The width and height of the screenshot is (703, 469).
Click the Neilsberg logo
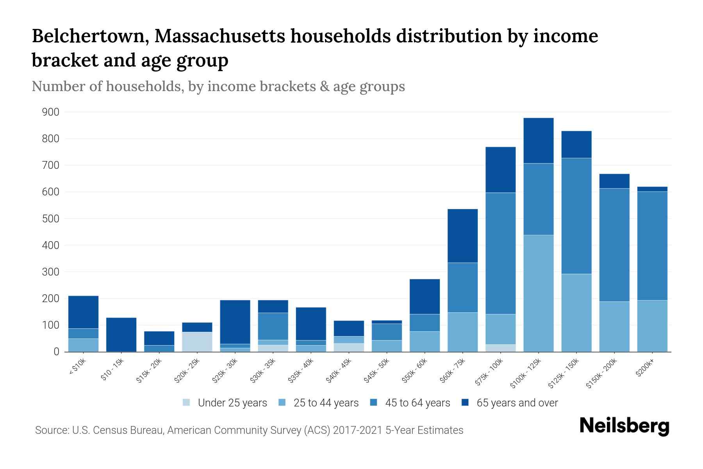pos(624,426)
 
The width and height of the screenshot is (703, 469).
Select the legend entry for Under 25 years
pos(225,403)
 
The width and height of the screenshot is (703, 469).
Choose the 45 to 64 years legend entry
pos(410,403)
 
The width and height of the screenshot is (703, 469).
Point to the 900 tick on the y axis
pos(51,113)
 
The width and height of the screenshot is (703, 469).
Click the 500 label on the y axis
pos(51,219)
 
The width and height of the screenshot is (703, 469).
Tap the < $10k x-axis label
pos(78,367)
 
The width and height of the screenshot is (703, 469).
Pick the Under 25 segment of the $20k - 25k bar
pos(197,342)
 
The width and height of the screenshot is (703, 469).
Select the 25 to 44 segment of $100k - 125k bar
pos(539,293)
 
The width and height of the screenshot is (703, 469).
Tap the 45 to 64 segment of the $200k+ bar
pos(652,246)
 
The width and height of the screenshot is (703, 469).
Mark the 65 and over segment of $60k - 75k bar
pos(462,236)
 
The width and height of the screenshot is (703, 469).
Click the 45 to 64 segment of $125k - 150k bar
pos(576,216)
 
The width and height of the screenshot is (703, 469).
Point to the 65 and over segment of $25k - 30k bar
pos(235,322)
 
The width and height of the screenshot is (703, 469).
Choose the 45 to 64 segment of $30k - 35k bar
pos(273,326)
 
